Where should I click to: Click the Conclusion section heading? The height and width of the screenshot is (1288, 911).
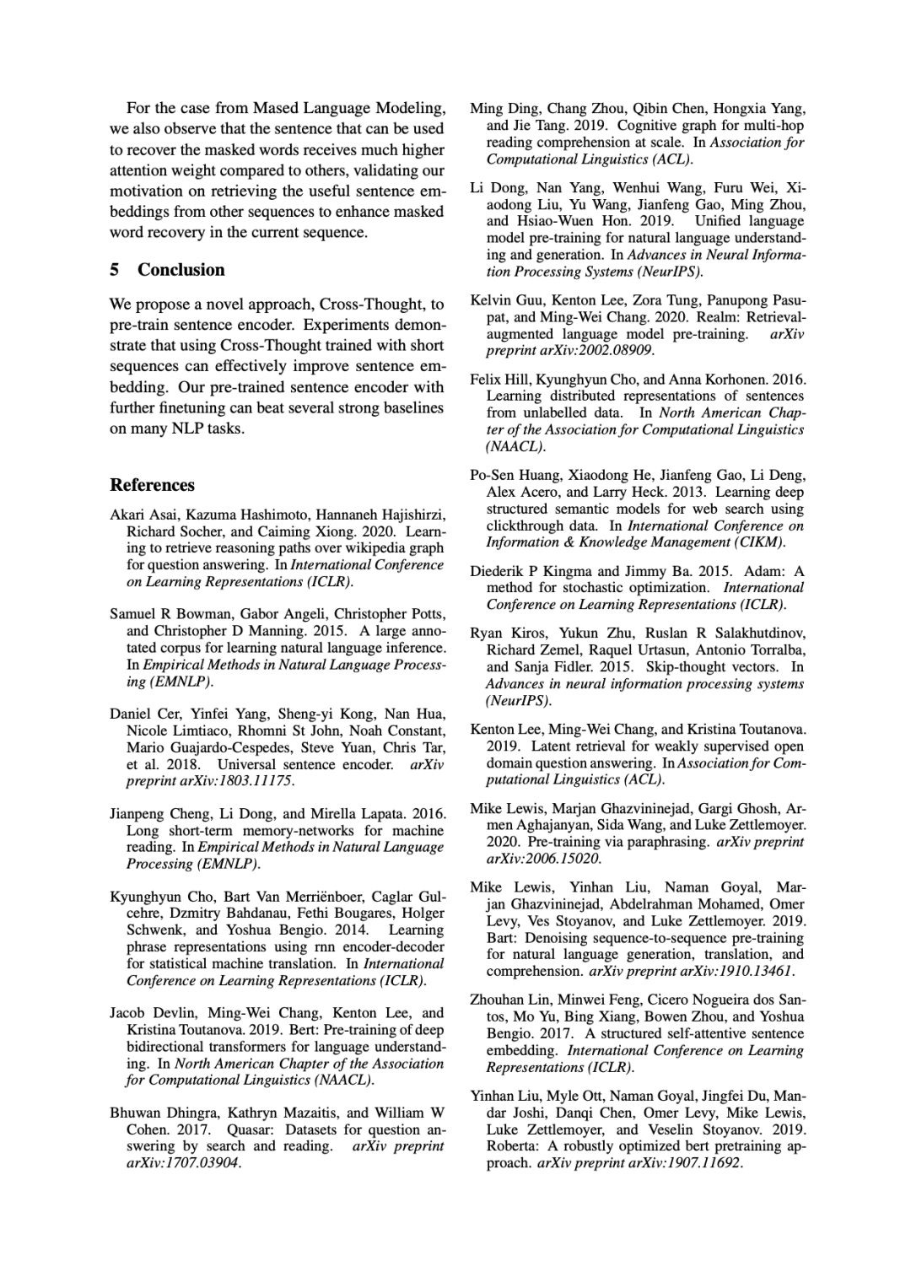[181, 270]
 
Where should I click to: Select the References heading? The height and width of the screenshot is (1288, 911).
[153, 485]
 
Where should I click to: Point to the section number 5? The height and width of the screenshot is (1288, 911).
[115, 270]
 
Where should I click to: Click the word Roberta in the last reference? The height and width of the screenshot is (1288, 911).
[511, 1146]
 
